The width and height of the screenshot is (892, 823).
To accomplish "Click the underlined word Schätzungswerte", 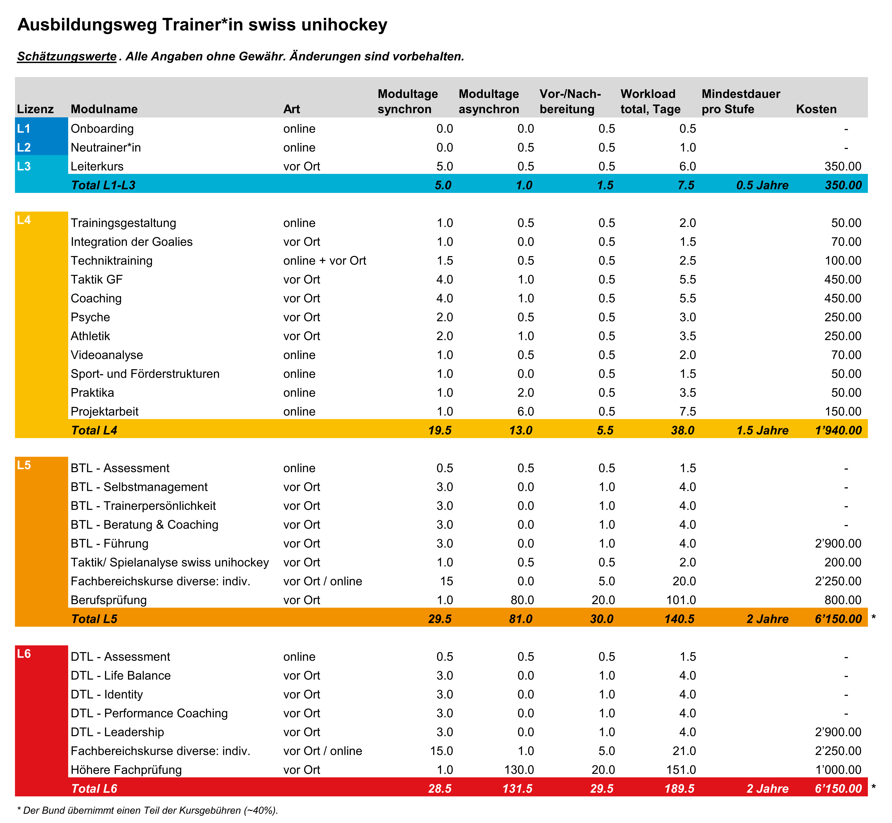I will coord(67,57).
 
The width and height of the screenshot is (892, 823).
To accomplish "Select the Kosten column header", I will coord(816,109).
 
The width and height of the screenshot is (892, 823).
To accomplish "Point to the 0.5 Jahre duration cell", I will coord(762,185).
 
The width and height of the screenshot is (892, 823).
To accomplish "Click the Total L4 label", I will coord(94,430).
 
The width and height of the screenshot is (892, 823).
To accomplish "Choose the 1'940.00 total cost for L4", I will coord(838,430).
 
